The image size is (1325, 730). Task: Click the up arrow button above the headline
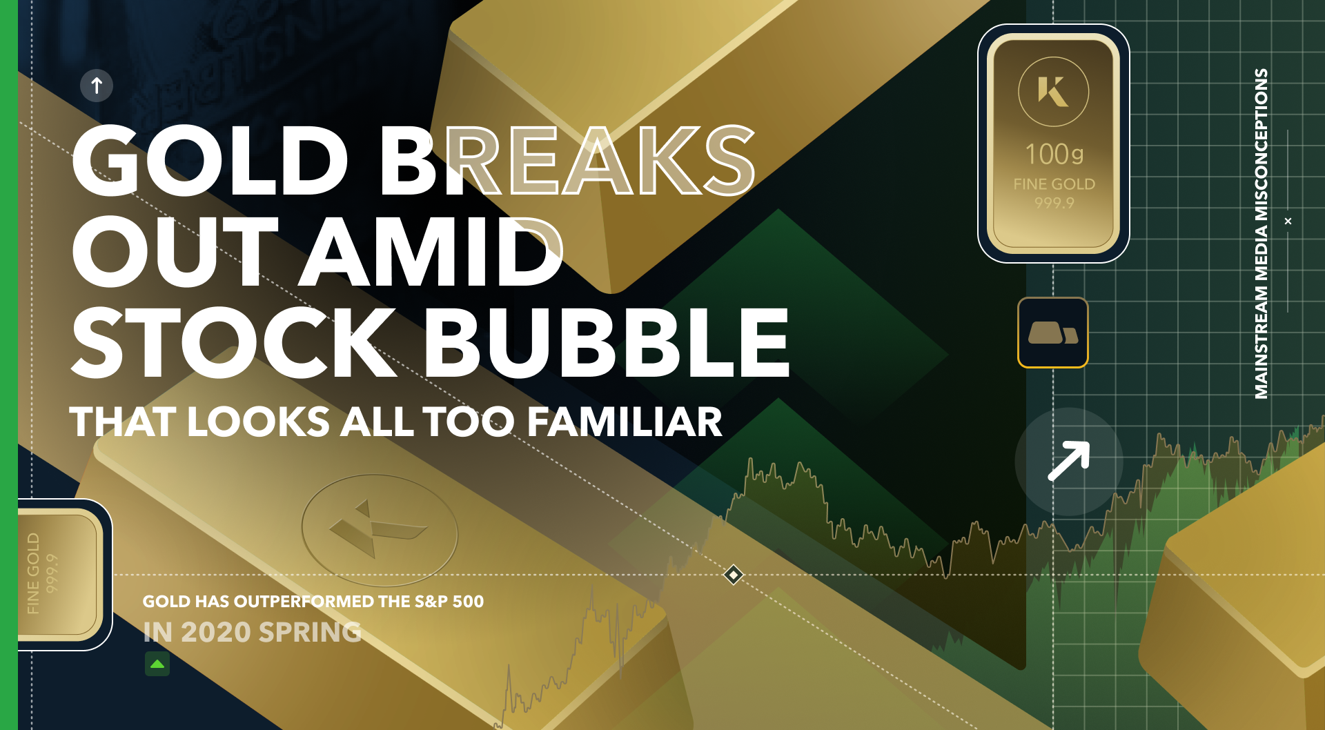(97, 86)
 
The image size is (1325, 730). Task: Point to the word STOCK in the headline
(235, 343)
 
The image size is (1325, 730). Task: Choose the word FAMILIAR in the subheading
(625, 422)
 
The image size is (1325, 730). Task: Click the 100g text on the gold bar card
(1054, 155)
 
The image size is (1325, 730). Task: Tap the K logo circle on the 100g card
(1053, 92)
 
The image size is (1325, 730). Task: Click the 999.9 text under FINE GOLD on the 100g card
(1054, 203)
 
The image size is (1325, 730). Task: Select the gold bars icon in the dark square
(1052, 333)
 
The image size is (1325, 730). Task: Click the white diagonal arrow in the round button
(1068, 461)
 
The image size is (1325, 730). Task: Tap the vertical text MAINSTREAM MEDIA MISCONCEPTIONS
(1262, 233)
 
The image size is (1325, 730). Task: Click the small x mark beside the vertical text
(1288, 221)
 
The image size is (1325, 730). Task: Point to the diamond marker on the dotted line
(734, 575)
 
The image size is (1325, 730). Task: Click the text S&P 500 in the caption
(449, 602)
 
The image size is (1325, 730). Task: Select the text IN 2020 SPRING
(252, 632)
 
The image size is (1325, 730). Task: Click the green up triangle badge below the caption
(157, 664)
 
